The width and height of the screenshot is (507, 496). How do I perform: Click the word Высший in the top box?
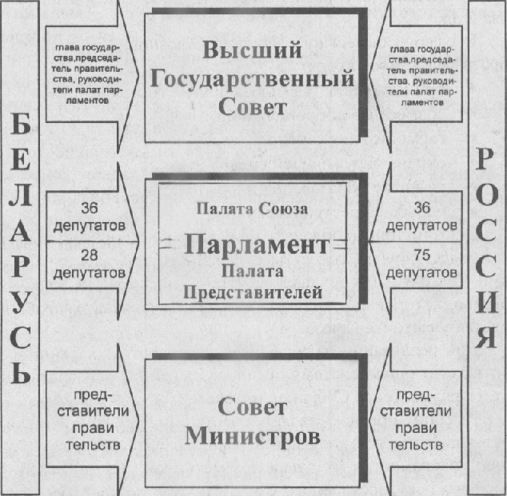coord(251,51)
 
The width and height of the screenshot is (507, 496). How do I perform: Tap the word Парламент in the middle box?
coord(255,245)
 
